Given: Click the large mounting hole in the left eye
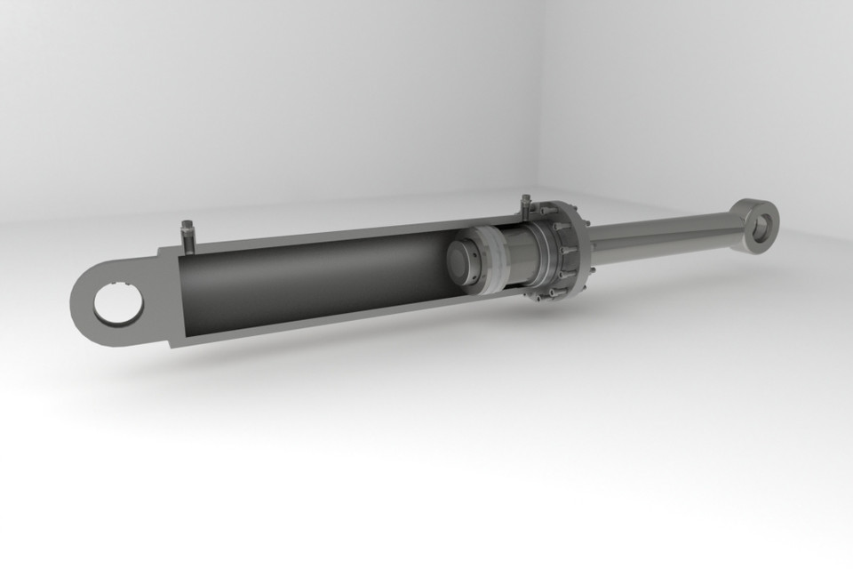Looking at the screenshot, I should click(118, 305).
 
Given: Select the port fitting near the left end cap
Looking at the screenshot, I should click(187, 236).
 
